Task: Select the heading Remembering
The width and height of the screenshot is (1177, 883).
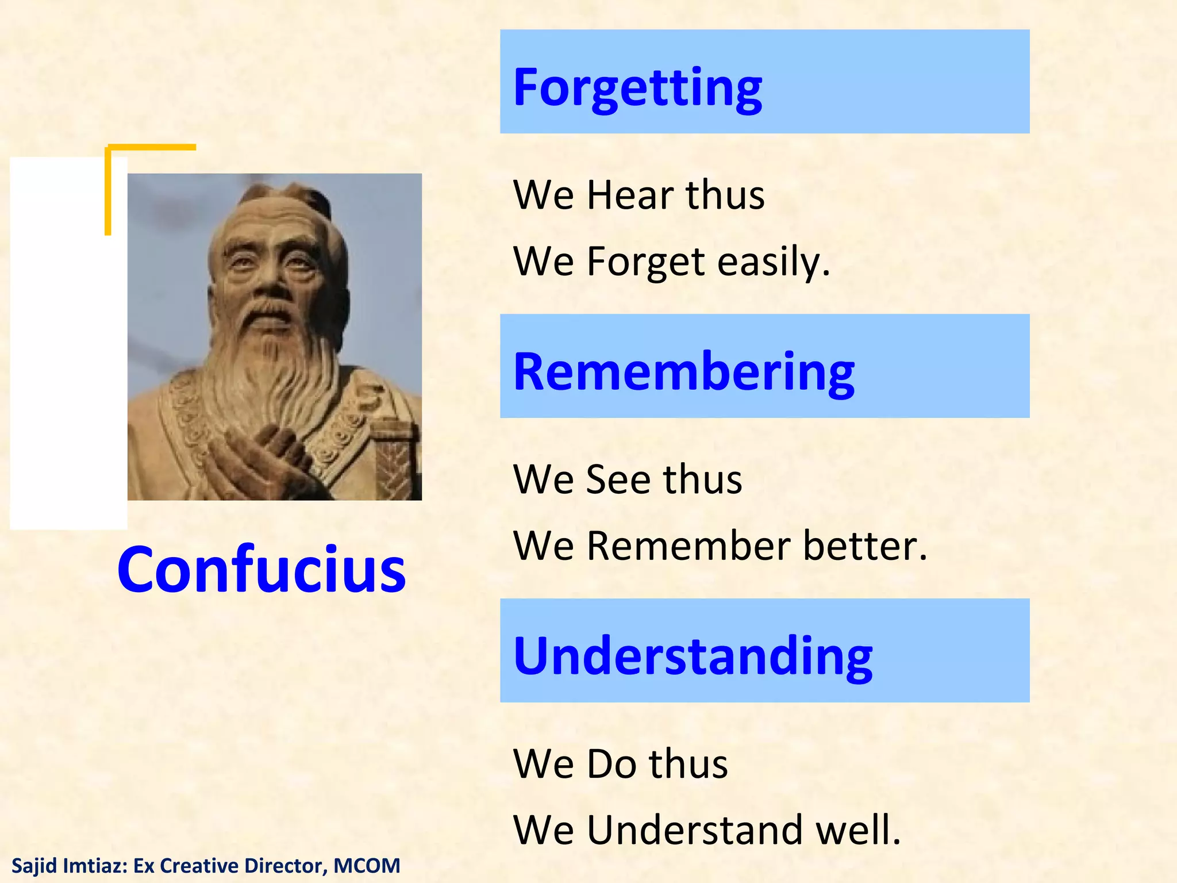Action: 683,372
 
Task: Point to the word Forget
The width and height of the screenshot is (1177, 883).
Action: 645,262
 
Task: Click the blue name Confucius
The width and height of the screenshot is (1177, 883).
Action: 261,569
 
